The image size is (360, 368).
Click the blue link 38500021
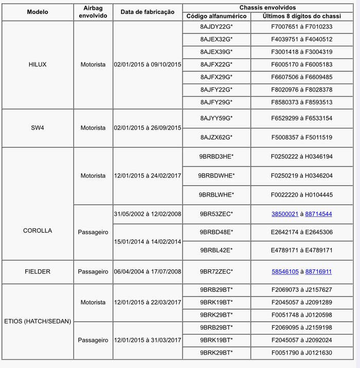(x=285, y=214)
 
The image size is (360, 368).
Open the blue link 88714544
(x=318, y=214)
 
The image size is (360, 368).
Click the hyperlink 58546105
(x=285, y=271)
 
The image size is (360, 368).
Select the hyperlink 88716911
(x=318, y=271)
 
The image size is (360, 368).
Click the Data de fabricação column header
(x=148, y=12)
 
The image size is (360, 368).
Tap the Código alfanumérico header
(x=217, y=16)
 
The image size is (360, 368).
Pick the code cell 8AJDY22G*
(x=217, y=27)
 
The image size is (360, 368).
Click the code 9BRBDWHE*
(x=217, y=175)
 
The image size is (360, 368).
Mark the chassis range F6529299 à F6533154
(x=301, y=118)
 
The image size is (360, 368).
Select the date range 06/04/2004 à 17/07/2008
(x=148, y=271)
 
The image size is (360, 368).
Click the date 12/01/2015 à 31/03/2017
(x=148, y=340)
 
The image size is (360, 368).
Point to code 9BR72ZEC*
(x=217, y=271)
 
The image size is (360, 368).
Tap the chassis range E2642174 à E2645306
(x=301, y=232)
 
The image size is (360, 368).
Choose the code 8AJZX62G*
(x=217, y=137)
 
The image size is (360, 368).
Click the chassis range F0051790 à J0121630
(x=301, y=352)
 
